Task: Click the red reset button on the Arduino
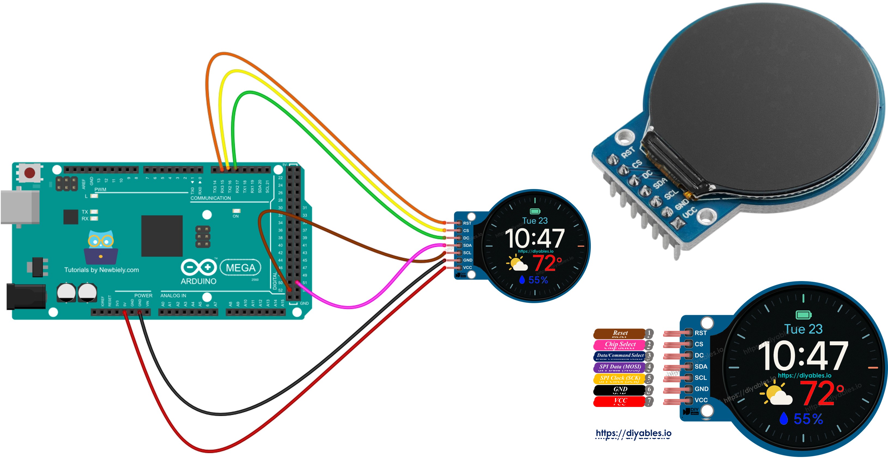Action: (x=30, y=173)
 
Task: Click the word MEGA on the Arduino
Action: (x=241, y=268)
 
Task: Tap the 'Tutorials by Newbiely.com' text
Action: (x=101, y=270)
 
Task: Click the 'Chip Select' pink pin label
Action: (x=619, y=344)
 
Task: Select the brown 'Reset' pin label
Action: (x=619, y=333)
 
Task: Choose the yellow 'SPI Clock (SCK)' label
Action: (x=619, y=378)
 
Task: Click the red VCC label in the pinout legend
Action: (x=619, y=400)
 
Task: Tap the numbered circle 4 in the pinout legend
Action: (x=649, y=367)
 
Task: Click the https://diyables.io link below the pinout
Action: (x=633, y=433)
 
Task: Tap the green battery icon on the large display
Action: (x=803, y=315)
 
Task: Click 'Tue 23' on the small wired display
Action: (x=535, y=221)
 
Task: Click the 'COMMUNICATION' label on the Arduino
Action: (x=211, y=198)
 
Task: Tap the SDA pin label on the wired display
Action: (x=467, y=245)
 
